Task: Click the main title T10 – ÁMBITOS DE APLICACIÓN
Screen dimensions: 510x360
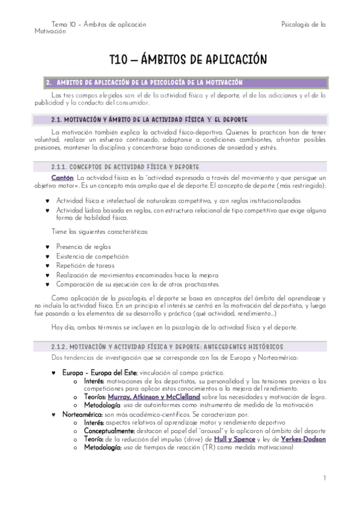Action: [188, 60]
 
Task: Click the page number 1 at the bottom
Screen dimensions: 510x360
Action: [324, 478]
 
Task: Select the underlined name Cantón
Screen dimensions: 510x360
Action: [63, 177]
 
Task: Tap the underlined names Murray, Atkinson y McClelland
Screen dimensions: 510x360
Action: [154, 397]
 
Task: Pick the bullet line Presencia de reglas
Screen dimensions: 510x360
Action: [83, 247]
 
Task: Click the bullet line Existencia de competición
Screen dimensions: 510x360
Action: [92, 256]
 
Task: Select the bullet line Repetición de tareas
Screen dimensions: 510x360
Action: [85, 265]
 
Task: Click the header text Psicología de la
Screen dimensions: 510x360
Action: [303, 25]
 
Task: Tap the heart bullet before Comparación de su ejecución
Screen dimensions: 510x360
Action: [47, 284]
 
